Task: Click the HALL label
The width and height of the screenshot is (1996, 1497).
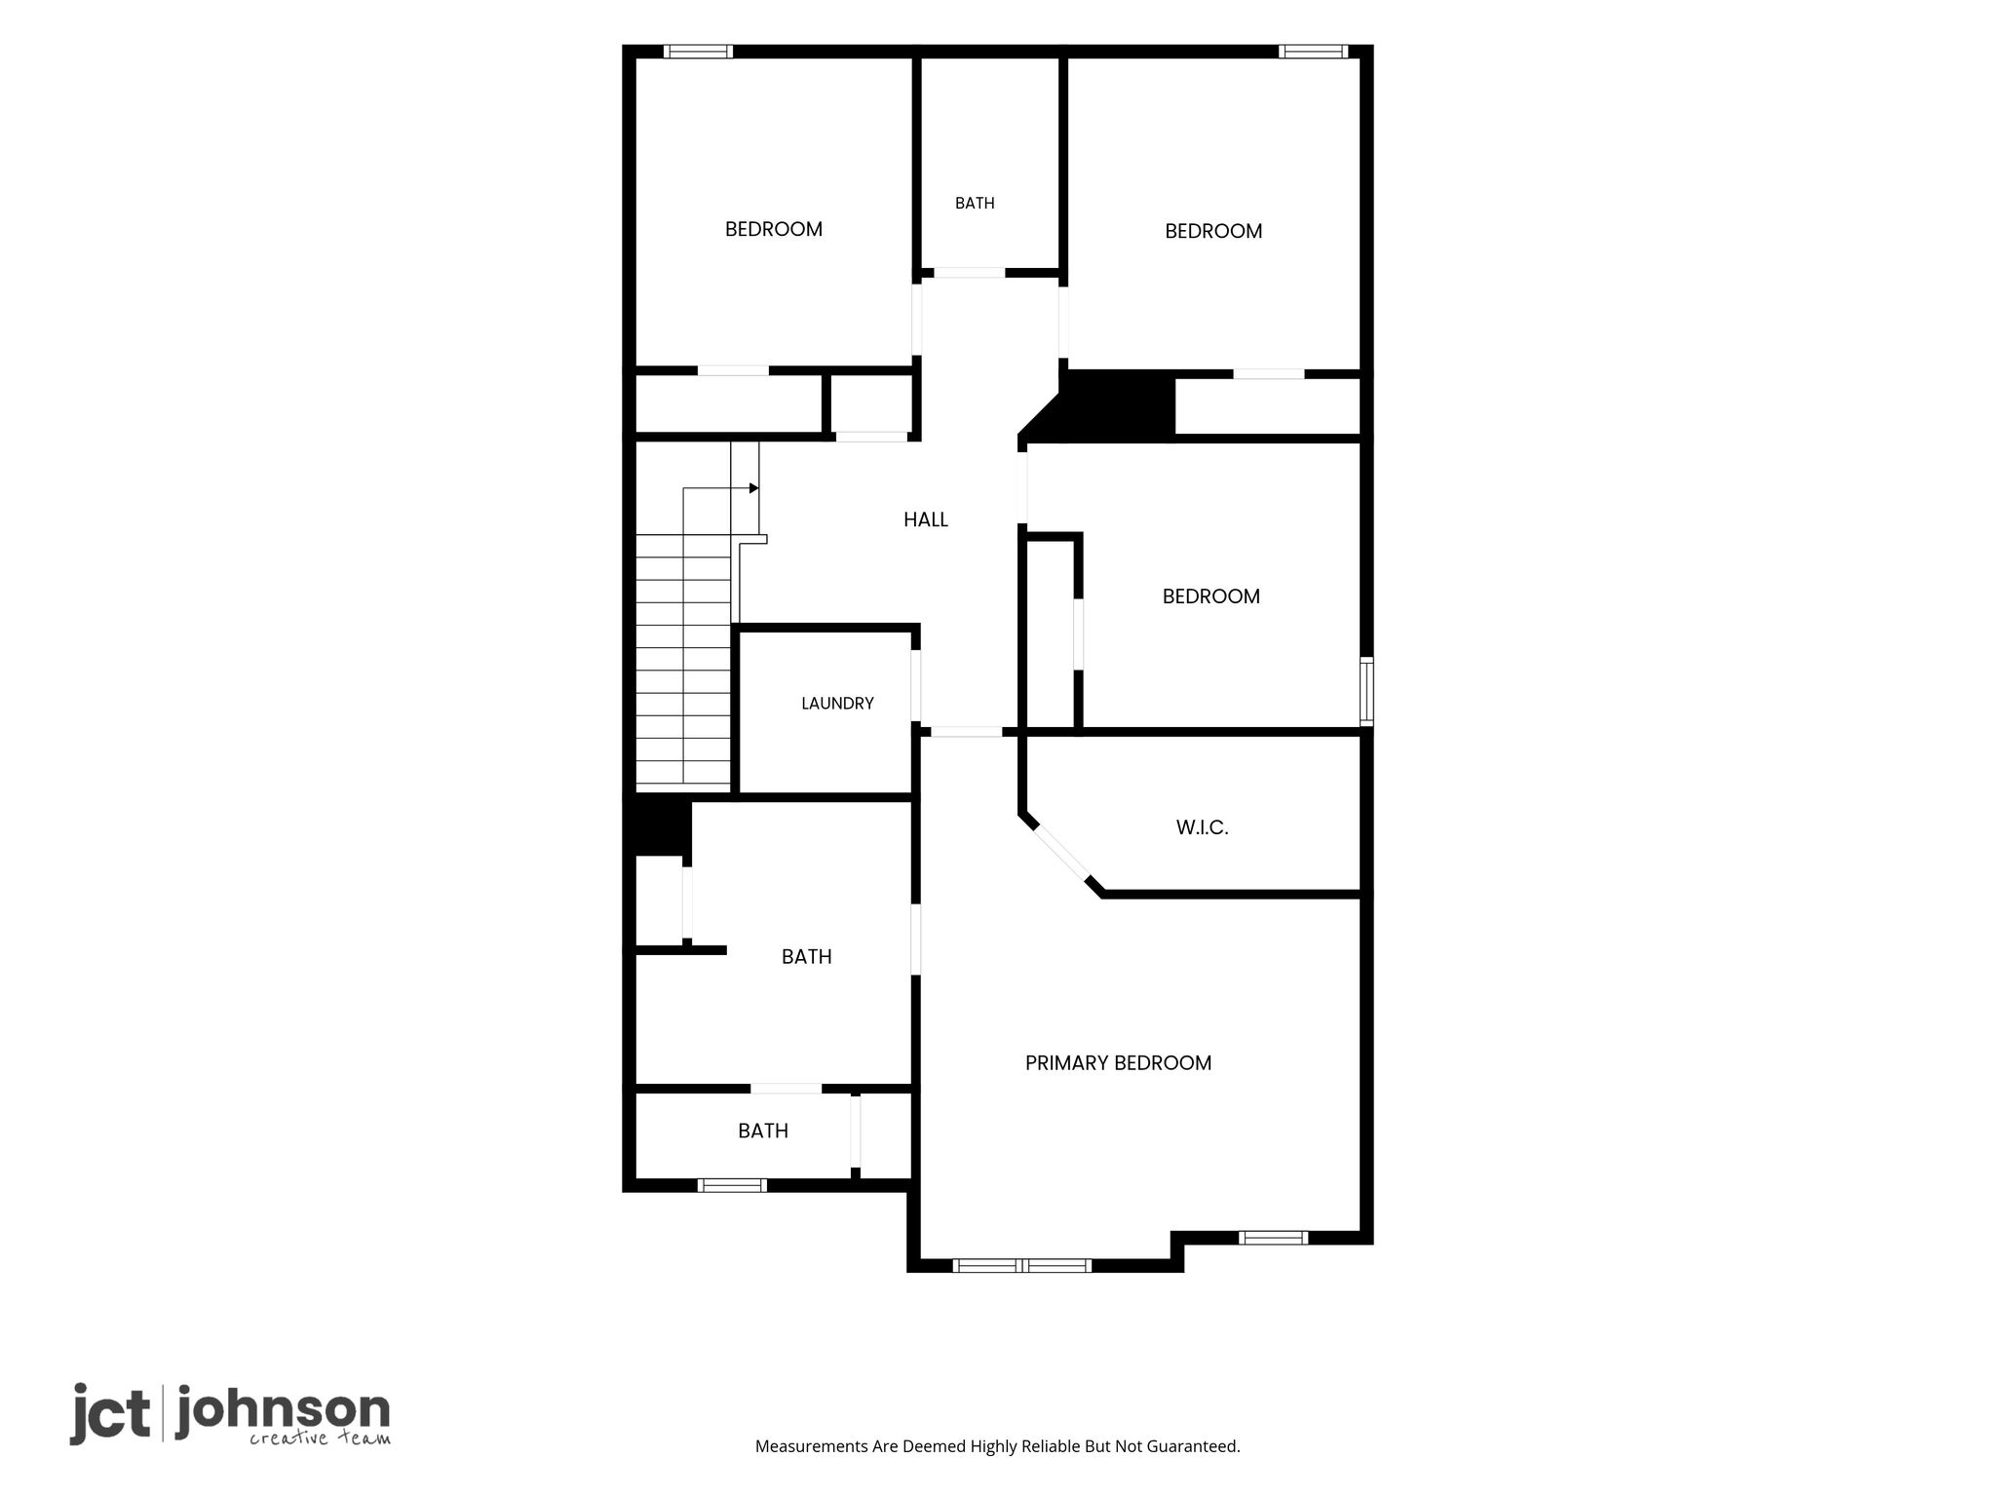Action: point(925,520)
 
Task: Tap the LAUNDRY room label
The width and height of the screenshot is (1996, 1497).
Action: point(837,704)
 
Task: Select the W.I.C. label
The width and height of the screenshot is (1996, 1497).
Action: point(1202,828)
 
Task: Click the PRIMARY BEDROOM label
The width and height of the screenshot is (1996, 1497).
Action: point(1118,1063)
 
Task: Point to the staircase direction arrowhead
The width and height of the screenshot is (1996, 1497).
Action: point(753,488)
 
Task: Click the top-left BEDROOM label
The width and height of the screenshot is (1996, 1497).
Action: point(774,229)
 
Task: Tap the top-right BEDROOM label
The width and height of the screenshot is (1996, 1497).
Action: point(1213,231)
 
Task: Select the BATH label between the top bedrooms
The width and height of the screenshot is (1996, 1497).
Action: point(975,203)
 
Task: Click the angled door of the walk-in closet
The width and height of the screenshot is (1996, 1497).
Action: point(1062,854)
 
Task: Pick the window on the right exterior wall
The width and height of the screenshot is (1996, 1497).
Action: point(1366,692)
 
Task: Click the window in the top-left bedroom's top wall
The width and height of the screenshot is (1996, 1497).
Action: point(698,52)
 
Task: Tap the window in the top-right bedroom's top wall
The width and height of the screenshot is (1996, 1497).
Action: point(1314,52)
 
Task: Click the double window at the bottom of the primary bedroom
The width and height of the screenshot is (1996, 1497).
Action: point(1021,1266)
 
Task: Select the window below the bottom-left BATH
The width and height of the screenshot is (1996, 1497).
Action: point(732,1185)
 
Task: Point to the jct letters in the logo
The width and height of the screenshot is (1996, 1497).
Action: point(110,1412)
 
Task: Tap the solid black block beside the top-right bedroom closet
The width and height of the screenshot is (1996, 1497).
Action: point(1106,404)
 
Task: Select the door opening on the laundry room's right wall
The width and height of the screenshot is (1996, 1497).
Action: point(916,685)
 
